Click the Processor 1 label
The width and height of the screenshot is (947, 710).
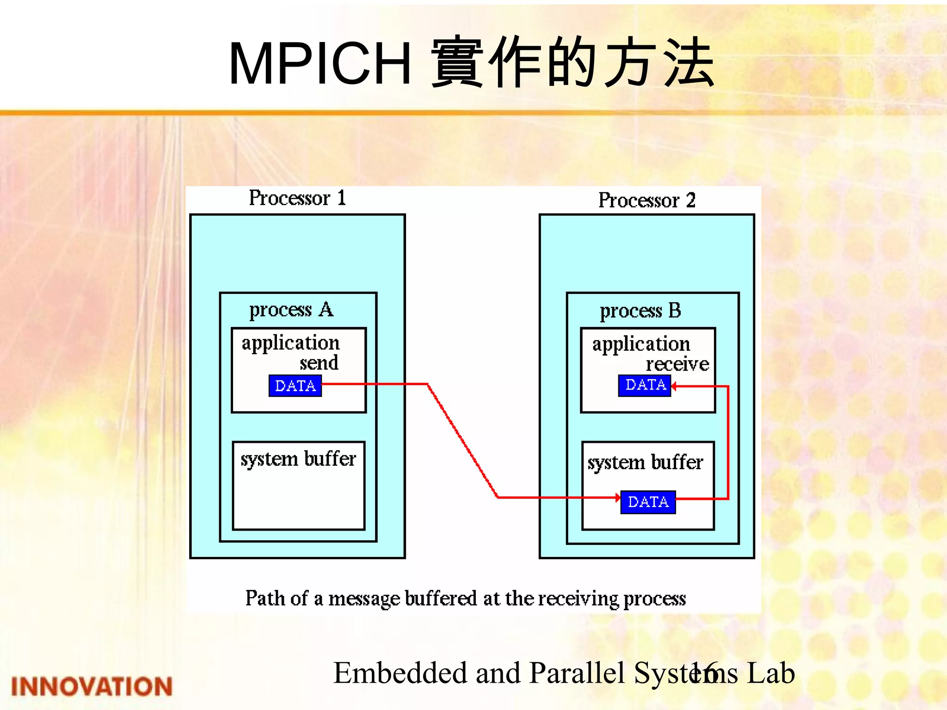297,198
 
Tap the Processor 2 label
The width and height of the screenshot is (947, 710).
646,201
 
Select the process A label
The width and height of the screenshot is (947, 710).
291,310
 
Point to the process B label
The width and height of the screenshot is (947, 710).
640,311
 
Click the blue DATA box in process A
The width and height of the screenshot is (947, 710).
295,386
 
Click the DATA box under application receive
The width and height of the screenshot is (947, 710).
645,385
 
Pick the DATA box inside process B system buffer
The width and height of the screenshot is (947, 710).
648,502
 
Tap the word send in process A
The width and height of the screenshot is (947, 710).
319,363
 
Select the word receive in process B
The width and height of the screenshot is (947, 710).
677,364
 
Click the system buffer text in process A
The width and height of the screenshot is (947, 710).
298,459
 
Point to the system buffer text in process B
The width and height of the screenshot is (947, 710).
645,462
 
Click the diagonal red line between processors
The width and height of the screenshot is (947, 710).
462,441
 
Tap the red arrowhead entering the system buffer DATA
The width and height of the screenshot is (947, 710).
618,497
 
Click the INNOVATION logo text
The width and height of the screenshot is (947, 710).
92,686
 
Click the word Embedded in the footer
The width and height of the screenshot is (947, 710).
400,673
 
